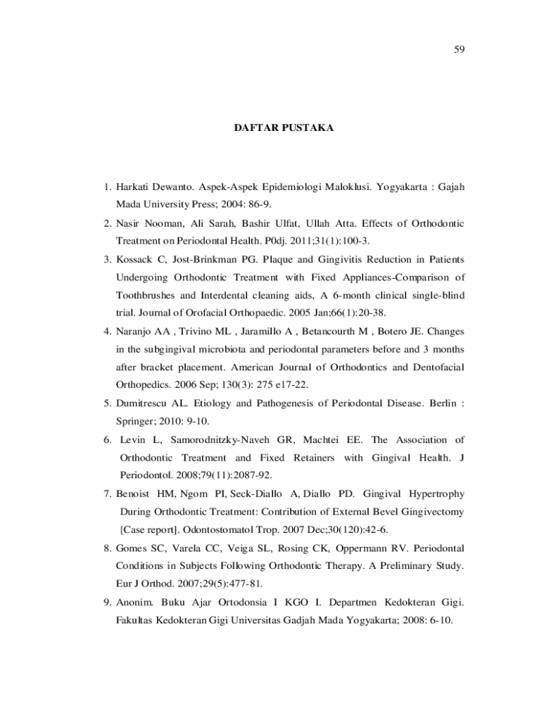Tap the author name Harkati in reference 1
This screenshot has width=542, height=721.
click(134, 189)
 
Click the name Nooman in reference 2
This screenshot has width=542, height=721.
click(165, 223)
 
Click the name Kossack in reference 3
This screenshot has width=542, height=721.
click(136, 258)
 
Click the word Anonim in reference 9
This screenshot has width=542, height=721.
click(135, 603)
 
